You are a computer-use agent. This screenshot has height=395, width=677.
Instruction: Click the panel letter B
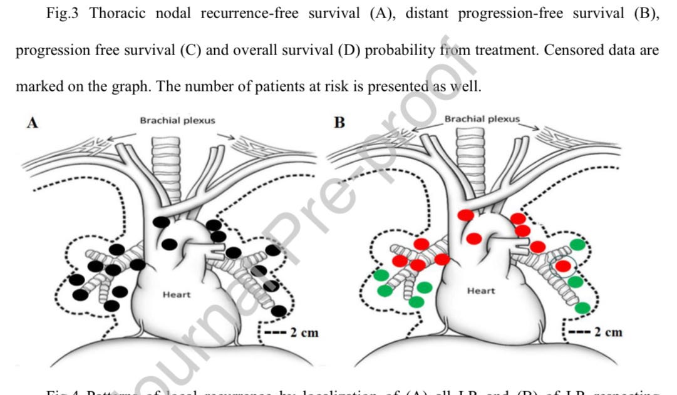[x=339, y=123]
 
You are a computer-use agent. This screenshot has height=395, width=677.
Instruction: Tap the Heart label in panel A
[x=177, y=295]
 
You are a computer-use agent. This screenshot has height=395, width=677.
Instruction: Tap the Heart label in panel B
[x=481, y=291]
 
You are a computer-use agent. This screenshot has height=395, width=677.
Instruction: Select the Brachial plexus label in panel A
[x=177, y=120]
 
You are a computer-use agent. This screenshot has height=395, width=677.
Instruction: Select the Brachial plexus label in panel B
[x=482, y=119]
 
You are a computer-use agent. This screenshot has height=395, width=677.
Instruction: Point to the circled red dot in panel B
[x=563, y=266]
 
